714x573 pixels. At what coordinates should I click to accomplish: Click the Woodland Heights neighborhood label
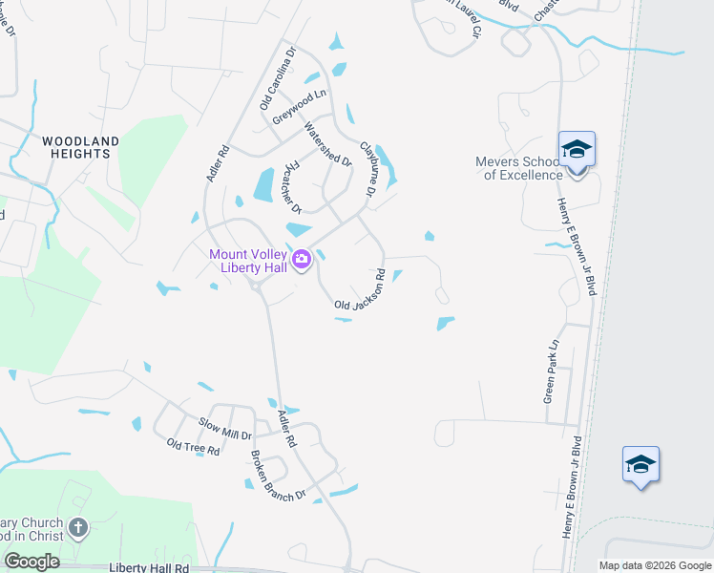click(x=80, y=147)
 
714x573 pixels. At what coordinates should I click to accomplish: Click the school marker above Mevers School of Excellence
click(x=577, y=149)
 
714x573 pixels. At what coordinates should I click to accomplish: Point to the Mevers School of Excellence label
click(x=521, y=168)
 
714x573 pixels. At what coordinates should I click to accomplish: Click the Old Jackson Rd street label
click(x=360, y=292)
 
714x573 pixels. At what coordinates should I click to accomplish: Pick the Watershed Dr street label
click(x=327, y=144)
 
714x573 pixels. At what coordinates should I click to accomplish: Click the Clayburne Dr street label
click(x=367, y=169)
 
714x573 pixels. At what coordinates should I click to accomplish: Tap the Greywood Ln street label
click(x=299, y=106)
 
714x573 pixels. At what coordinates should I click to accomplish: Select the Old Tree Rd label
click(x=192, y=447)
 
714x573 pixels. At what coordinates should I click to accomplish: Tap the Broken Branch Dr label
click(x=278, y=476)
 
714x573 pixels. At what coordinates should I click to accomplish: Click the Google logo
click(x=31, y=562)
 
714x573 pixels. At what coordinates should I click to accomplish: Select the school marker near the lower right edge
click(x=640, y=465)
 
